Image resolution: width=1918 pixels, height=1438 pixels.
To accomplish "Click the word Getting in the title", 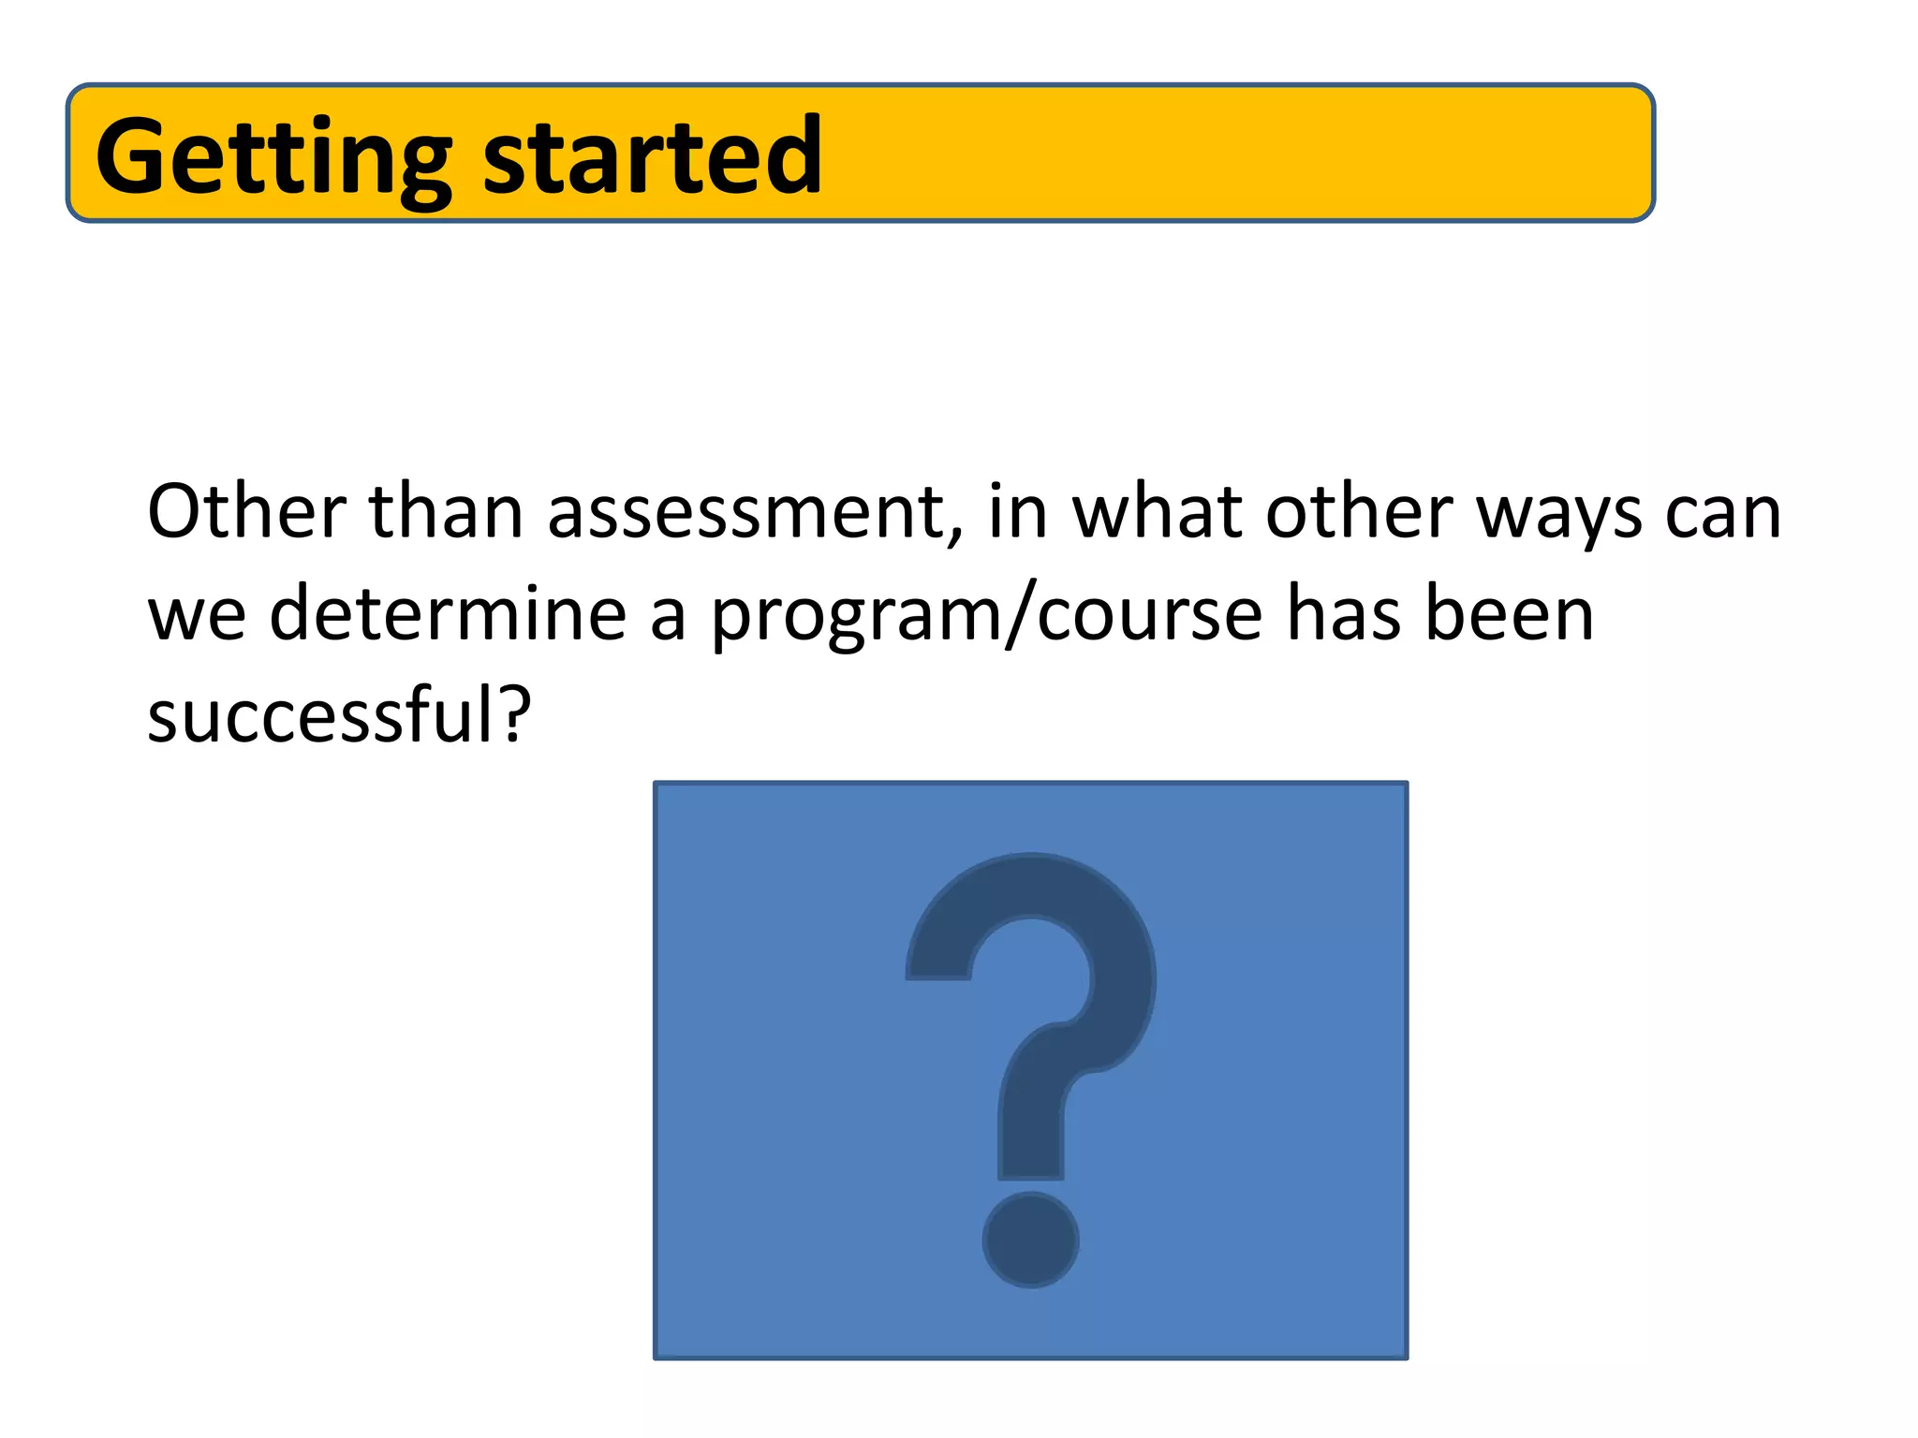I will point(273,157).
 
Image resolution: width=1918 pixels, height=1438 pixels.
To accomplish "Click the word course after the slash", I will point(1150,615).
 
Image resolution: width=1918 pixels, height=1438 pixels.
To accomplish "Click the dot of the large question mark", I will point(1030,1240).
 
